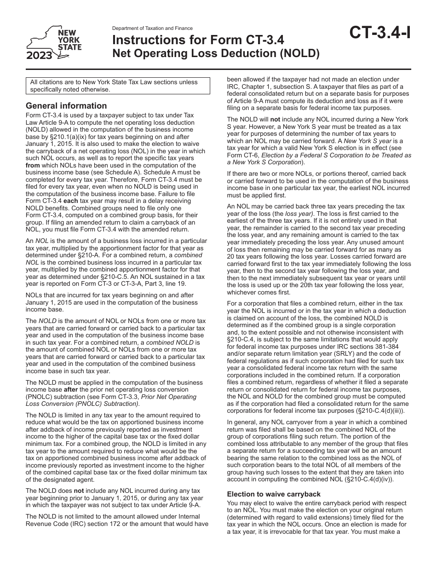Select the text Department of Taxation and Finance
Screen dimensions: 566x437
click(152, 29)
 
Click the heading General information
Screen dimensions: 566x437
click(66, 106)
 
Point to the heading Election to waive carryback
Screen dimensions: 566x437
click(274, 494)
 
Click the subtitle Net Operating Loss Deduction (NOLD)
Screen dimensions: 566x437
click(216, 54)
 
